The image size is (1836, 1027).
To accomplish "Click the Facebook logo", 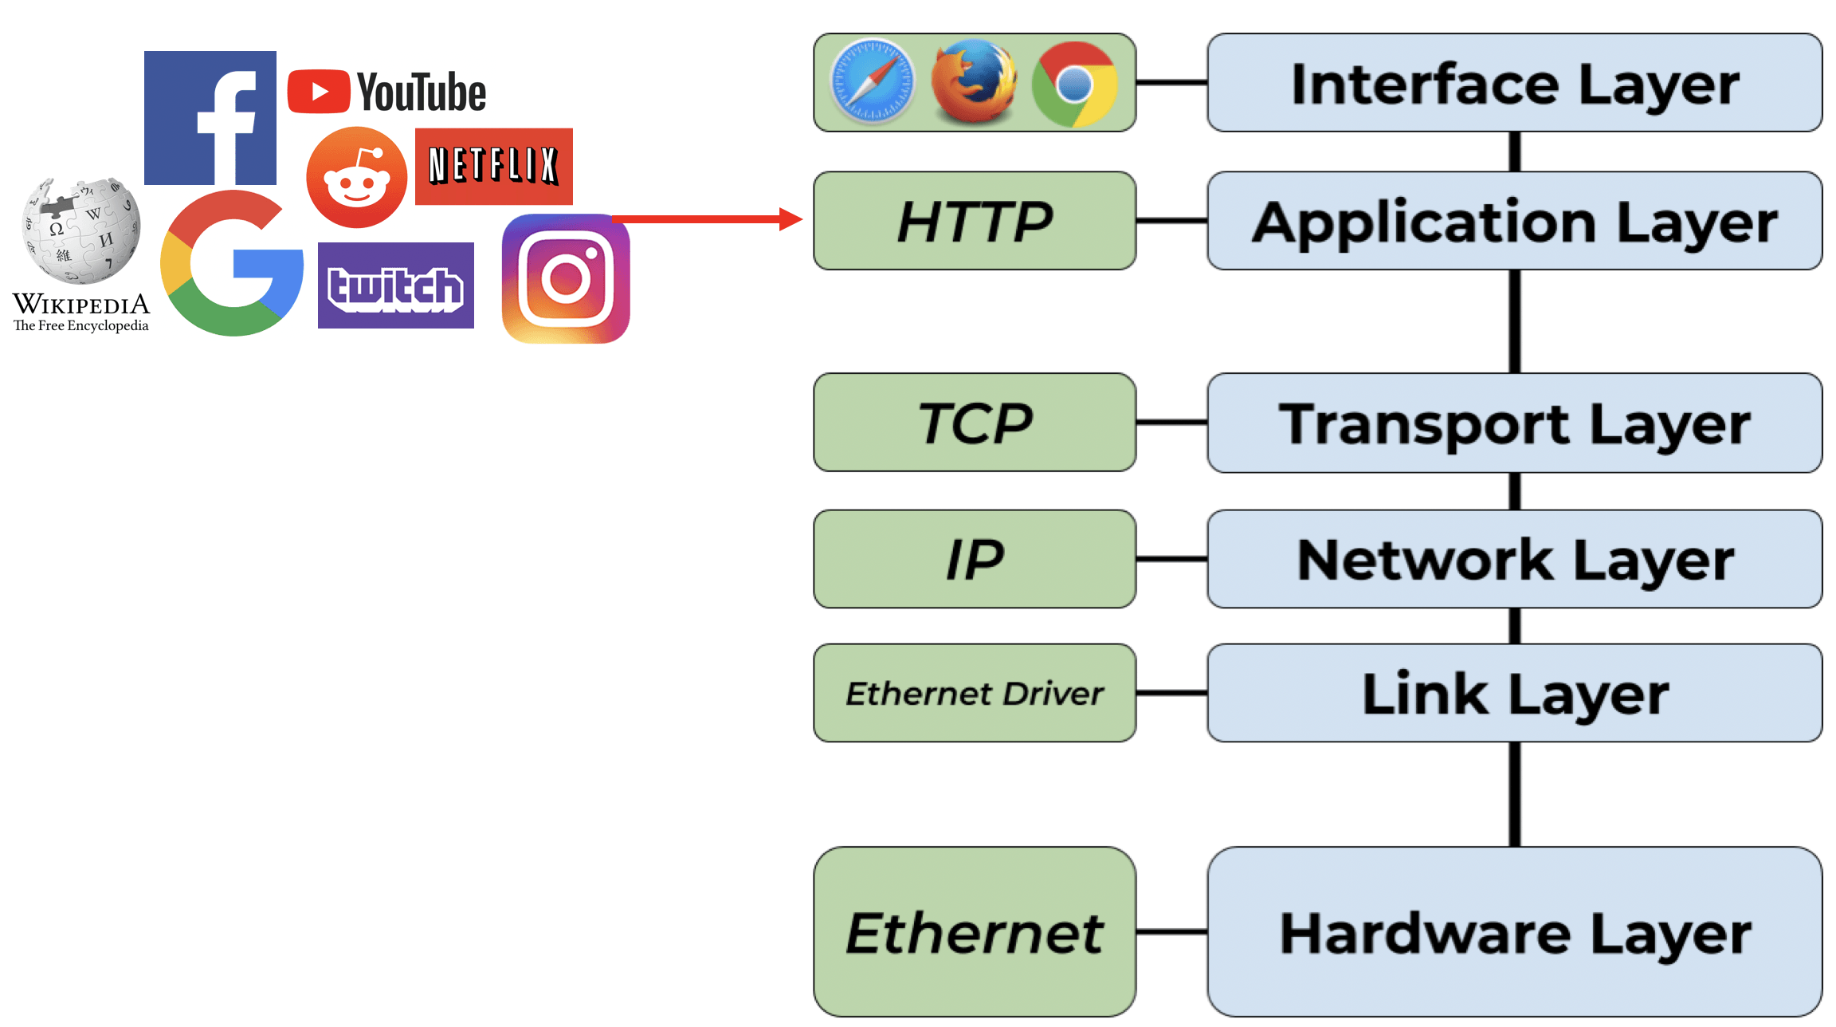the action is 210,118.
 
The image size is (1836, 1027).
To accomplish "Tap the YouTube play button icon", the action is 319,92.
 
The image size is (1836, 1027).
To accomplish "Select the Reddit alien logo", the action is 356,177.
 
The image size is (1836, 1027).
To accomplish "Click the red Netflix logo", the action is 494,166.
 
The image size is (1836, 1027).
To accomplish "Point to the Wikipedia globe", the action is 81,230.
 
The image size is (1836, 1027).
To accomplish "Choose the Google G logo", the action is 231,263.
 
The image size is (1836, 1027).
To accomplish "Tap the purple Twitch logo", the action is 396,285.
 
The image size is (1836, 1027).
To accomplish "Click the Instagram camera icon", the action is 566,278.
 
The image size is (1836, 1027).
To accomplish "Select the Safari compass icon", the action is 873,82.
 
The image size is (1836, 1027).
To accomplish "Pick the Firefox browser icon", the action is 974,82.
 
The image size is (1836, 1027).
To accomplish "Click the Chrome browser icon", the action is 1075,84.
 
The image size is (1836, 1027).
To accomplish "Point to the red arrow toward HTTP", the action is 707,218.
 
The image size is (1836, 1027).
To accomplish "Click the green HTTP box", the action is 975,221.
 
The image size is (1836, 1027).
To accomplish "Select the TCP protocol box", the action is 975,423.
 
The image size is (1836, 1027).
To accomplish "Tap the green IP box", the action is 975,559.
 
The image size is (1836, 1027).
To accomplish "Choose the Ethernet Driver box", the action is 975,693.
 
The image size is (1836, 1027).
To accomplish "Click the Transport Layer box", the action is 1515,423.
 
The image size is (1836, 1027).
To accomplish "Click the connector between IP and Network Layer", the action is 1171,560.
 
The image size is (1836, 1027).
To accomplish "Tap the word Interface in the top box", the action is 1425,84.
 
